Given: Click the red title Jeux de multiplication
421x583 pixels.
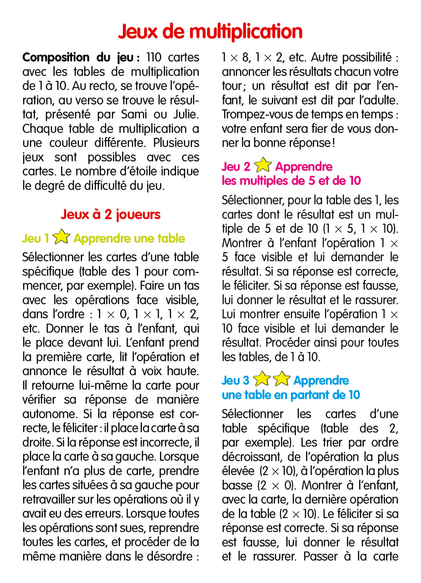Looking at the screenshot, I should tap(210, 32).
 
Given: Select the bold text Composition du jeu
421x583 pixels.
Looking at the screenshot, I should tap(78, 57).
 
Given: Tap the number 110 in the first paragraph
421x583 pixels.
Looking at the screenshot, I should tap(154, 57).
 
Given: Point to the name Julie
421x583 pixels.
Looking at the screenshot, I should tap(186, 114).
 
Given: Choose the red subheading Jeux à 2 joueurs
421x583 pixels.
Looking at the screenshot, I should tap(111, 215).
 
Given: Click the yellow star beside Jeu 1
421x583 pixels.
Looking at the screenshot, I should tap(61, 237).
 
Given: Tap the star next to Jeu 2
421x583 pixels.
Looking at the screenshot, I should tap(263, 165).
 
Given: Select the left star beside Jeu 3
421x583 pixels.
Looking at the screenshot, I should tap(262, 379).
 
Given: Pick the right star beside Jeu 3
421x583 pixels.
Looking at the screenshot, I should tap(282, 379).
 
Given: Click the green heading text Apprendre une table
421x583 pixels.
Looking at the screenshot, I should tap(129, 239).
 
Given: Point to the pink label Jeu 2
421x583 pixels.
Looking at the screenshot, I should tap(236, 167).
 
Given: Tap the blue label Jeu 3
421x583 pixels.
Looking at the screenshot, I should tap(235, 381).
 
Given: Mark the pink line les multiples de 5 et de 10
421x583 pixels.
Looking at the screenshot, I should tap(291, 181).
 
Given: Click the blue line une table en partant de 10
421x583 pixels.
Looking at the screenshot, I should tap(291, 395).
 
